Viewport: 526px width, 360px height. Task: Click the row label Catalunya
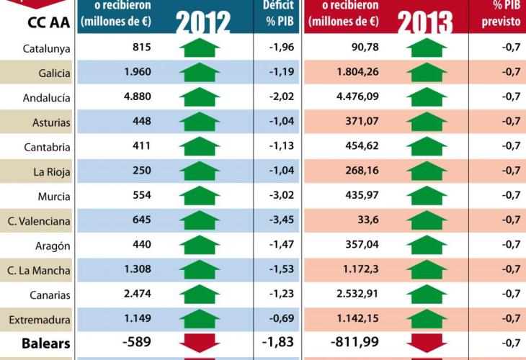[x=47, y=49]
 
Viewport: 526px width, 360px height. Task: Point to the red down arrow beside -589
[x=199, y=342]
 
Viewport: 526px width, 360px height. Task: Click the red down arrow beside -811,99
[x=427, y=342]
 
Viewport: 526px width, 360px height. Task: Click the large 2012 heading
[x=202, y=23]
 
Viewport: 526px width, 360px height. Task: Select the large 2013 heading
[x=425, y=23]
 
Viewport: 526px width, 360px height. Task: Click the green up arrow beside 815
[x=199, y=49]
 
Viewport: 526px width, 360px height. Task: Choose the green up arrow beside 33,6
[x=427, y=220]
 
